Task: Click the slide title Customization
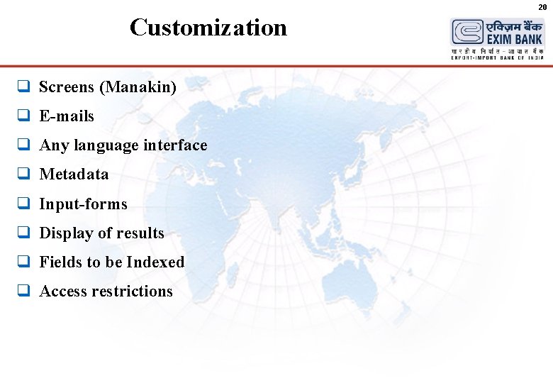[208, 28]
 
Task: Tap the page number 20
[542, 6]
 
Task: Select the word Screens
[67, 87]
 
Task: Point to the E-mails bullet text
[67, 116]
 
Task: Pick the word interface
[175, 145]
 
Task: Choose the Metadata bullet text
[74, 174]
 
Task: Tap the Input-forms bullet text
[83, 204]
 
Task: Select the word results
[140, 233]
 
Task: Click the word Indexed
[155, 262]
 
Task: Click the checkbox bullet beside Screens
[23, 87]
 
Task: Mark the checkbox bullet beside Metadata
[23, 174]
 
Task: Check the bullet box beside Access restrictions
[23, 292]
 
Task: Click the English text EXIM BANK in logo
[514, 40]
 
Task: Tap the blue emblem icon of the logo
[467, 33]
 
